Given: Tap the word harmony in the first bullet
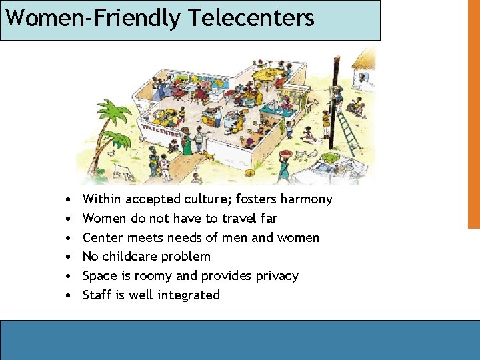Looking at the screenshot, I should [306, 199].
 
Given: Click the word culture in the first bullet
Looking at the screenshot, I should [206, 199].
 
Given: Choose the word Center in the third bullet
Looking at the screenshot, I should [101, 238].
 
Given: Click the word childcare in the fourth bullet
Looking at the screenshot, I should [131, 257].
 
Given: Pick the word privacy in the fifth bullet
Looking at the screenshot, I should [275, 276].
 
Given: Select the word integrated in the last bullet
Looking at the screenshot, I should [189, 295].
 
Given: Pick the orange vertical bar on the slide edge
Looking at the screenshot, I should [473, 113].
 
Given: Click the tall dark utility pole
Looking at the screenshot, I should [333, 100].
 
